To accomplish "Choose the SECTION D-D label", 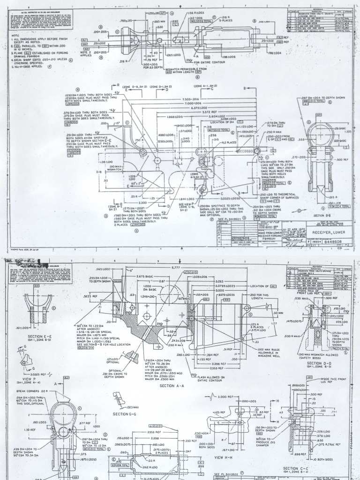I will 320,363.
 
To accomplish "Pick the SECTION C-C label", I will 298,468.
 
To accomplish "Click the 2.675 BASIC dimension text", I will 141,277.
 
